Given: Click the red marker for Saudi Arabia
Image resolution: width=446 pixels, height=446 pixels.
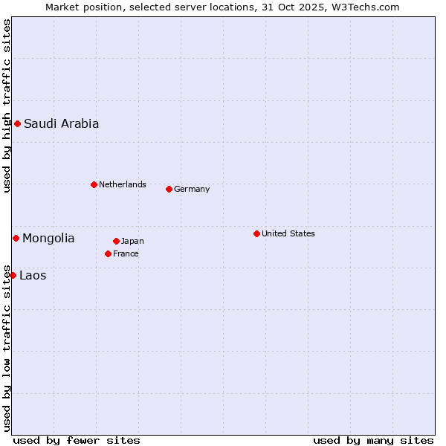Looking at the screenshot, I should point(17,123).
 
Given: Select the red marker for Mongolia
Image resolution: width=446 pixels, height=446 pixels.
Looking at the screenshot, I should point(16,238).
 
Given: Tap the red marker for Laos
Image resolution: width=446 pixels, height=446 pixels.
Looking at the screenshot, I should point(13,275).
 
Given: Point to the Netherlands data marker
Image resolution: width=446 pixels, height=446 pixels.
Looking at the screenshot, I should point(94,184).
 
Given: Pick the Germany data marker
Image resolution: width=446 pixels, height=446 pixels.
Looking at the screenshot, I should point(169,189).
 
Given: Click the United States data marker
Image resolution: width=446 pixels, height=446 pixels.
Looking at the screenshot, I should point(256,233).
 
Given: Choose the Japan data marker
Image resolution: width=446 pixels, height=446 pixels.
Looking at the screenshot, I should point(116,241).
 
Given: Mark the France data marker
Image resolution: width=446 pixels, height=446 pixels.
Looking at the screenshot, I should point(108,253).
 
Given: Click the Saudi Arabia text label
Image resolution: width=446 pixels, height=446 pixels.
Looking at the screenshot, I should point(61,124).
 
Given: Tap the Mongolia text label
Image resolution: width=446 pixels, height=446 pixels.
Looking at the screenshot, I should point(48,239).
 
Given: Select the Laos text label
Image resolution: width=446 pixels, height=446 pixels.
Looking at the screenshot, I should point(33,276).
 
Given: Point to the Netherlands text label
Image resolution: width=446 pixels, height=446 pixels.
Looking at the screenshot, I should point(123,184).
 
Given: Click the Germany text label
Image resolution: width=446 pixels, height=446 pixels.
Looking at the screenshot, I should point(192,189).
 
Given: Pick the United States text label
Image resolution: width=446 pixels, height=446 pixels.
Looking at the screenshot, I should point(288,233).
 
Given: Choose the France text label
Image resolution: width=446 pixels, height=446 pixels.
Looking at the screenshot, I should point(126,253).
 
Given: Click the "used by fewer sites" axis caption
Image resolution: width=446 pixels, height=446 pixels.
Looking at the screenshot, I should point(77,440).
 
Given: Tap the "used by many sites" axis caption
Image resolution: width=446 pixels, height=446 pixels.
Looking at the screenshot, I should point(373,440).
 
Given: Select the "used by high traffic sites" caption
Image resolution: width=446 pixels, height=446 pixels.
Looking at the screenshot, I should point(7,106).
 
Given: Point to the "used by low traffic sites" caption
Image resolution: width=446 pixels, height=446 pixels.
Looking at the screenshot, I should point(7,348).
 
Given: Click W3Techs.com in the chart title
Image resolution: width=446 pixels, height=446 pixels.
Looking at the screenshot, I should point(365,7).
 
